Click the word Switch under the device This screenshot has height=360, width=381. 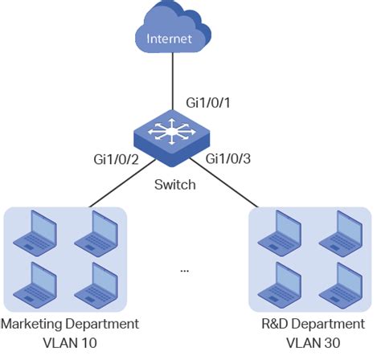pos(175,185)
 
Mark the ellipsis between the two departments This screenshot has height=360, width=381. pos(184,271)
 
